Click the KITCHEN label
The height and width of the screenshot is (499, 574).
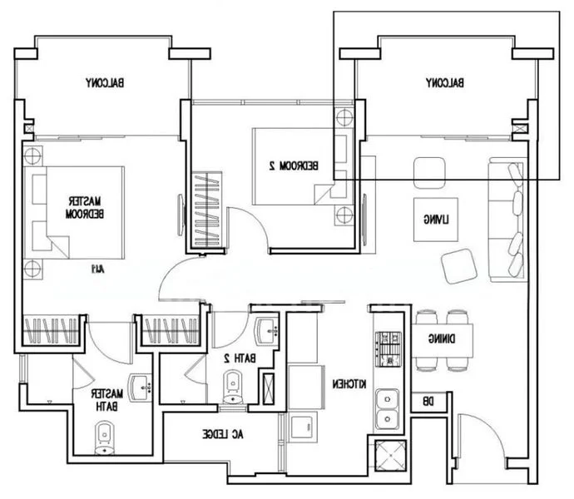point(350,384)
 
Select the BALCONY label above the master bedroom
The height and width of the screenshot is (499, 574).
point(105,83)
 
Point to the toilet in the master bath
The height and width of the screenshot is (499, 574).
point(105,437)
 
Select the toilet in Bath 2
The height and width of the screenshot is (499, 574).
point(232,385)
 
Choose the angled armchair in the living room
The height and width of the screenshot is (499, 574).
point(460,265)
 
